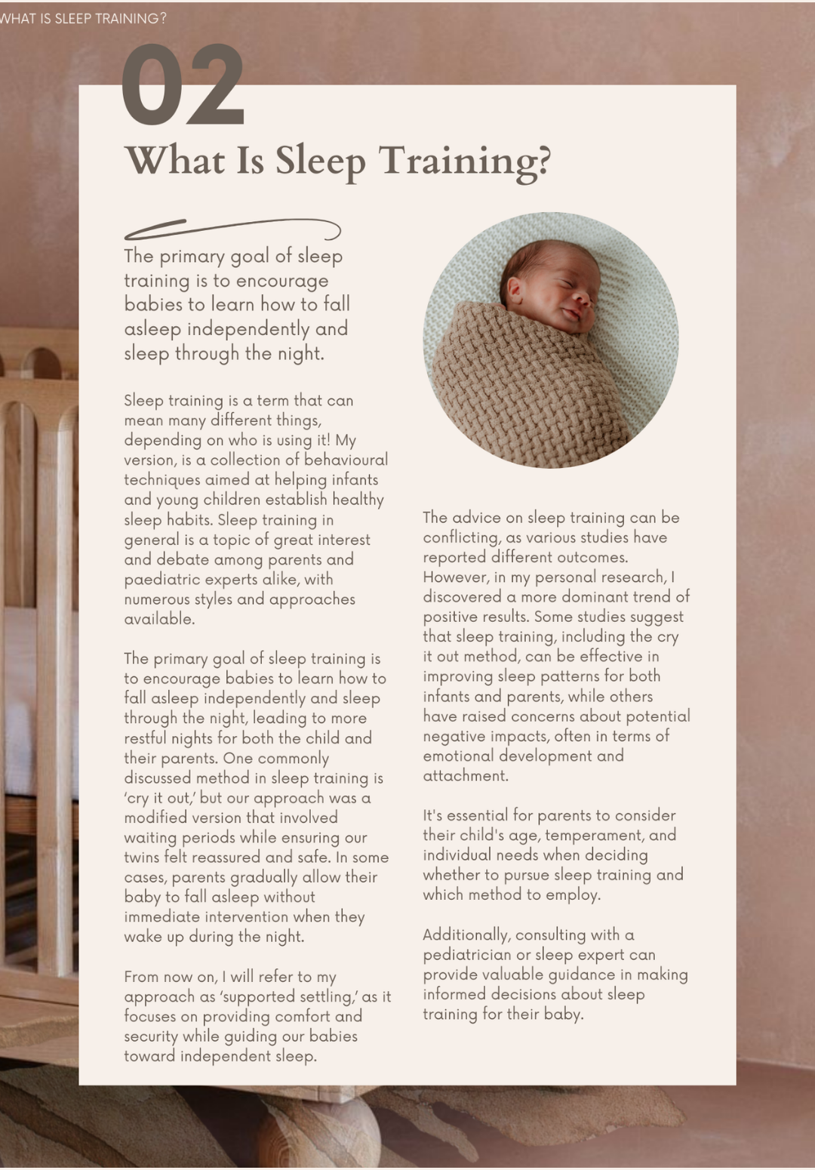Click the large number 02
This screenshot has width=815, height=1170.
coord(183,85)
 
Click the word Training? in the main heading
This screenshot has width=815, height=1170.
coord(465,162)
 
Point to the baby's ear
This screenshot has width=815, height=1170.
coord(515,288)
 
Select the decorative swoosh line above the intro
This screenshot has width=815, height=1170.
coord(232,228)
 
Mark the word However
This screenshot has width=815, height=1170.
coord(455,577)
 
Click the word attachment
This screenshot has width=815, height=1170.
coord(465,776)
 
